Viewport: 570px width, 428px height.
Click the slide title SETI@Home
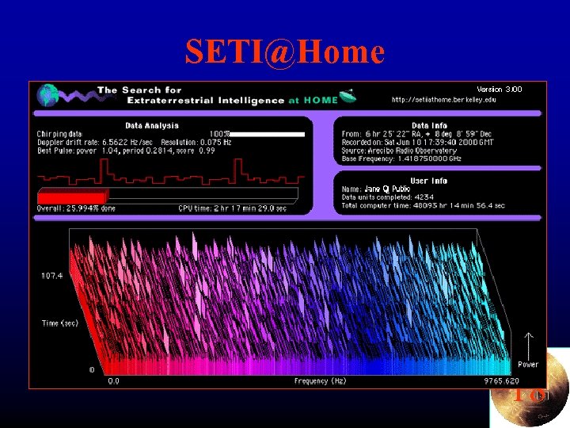[285, 52]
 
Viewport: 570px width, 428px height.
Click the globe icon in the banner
[49, 95]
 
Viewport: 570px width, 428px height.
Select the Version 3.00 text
[500, 89]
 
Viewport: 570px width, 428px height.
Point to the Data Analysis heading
[152, 125]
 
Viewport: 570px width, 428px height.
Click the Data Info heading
[430, 125]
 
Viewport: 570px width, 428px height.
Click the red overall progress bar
[72, 197]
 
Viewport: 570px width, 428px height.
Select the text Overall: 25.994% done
[76, 208]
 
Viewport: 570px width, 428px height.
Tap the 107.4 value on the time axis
[51, 275]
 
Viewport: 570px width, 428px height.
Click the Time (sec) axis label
[59, 323]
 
